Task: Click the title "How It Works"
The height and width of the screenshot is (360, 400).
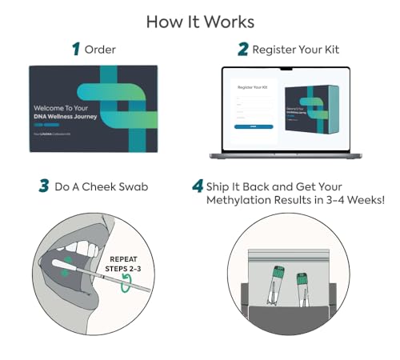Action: pyautogui.click(x=200, y=22)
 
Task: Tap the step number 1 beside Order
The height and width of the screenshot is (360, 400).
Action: pyautogui.click(x=77, y=50)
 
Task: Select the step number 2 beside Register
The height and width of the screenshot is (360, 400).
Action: pyautogui.click(x=242, y=50)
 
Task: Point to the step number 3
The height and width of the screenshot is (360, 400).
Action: pyautogui.click(x=45, y=187)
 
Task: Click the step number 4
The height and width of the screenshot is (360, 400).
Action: pyautogui.click(x=197, y=187)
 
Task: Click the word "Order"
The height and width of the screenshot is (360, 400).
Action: pyautogui.click(x=101, y=50)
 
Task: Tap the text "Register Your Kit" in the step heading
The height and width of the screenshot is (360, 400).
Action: pyautogui.click(x=296, y=50)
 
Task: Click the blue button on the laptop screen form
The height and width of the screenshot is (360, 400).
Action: pyautogui.click(x=253, y=126)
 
